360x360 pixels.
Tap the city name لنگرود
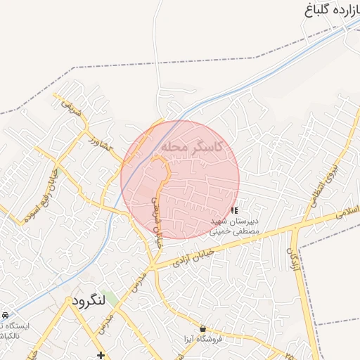pyautogui.click(x=88, y=300)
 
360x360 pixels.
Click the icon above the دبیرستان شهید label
pyautogui.click(x=234, y=210)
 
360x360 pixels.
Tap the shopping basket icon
pyautogui.click(x=203, y=328)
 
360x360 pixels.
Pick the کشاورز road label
pyautogui.click(x=100, y=146)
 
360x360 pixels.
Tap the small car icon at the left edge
pyautogui.click(x=5, y=314)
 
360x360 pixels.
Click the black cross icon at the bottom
pyautogui.click(x=101, y=355)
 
